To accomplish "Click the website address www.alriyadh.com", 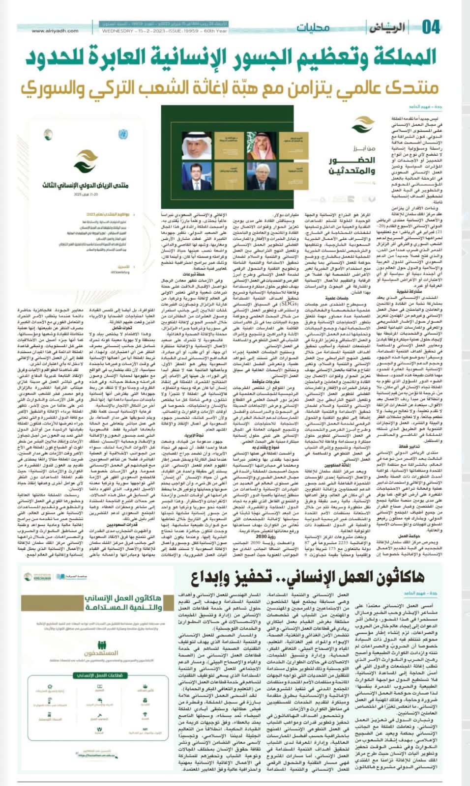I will tap(55, 31).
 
